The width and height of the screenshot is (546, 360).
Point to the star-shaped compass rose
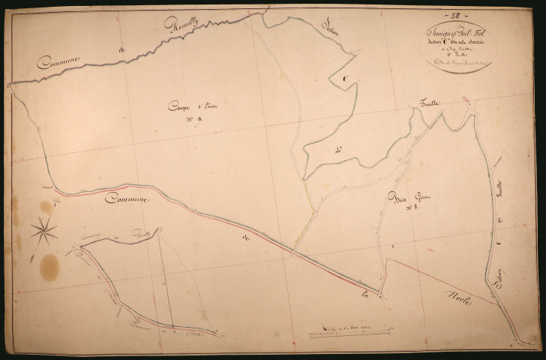pyautogui.click(x=46, y=229)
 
